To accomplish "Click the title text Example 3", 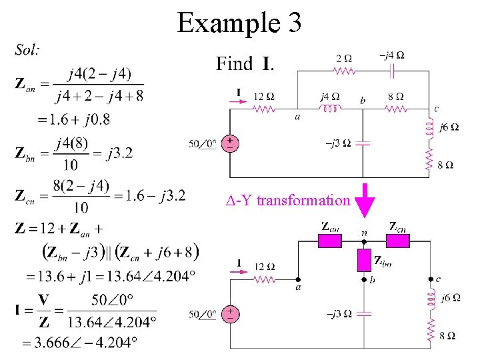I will [239, 23].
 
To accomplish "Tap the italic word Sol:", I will [27, 49].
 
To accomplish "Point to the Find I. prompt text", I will [243, 64].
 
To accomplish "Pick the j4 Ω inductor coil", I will [330, 108].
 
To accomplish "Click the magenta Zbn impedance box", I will [364, 261].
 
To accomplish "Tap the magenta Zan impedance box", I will [329, 240].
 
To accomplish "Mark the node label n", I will [364, 233].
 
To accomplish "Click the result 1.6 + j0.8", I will [73, 120].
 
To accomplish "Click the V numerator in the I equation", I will [45, 300].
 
